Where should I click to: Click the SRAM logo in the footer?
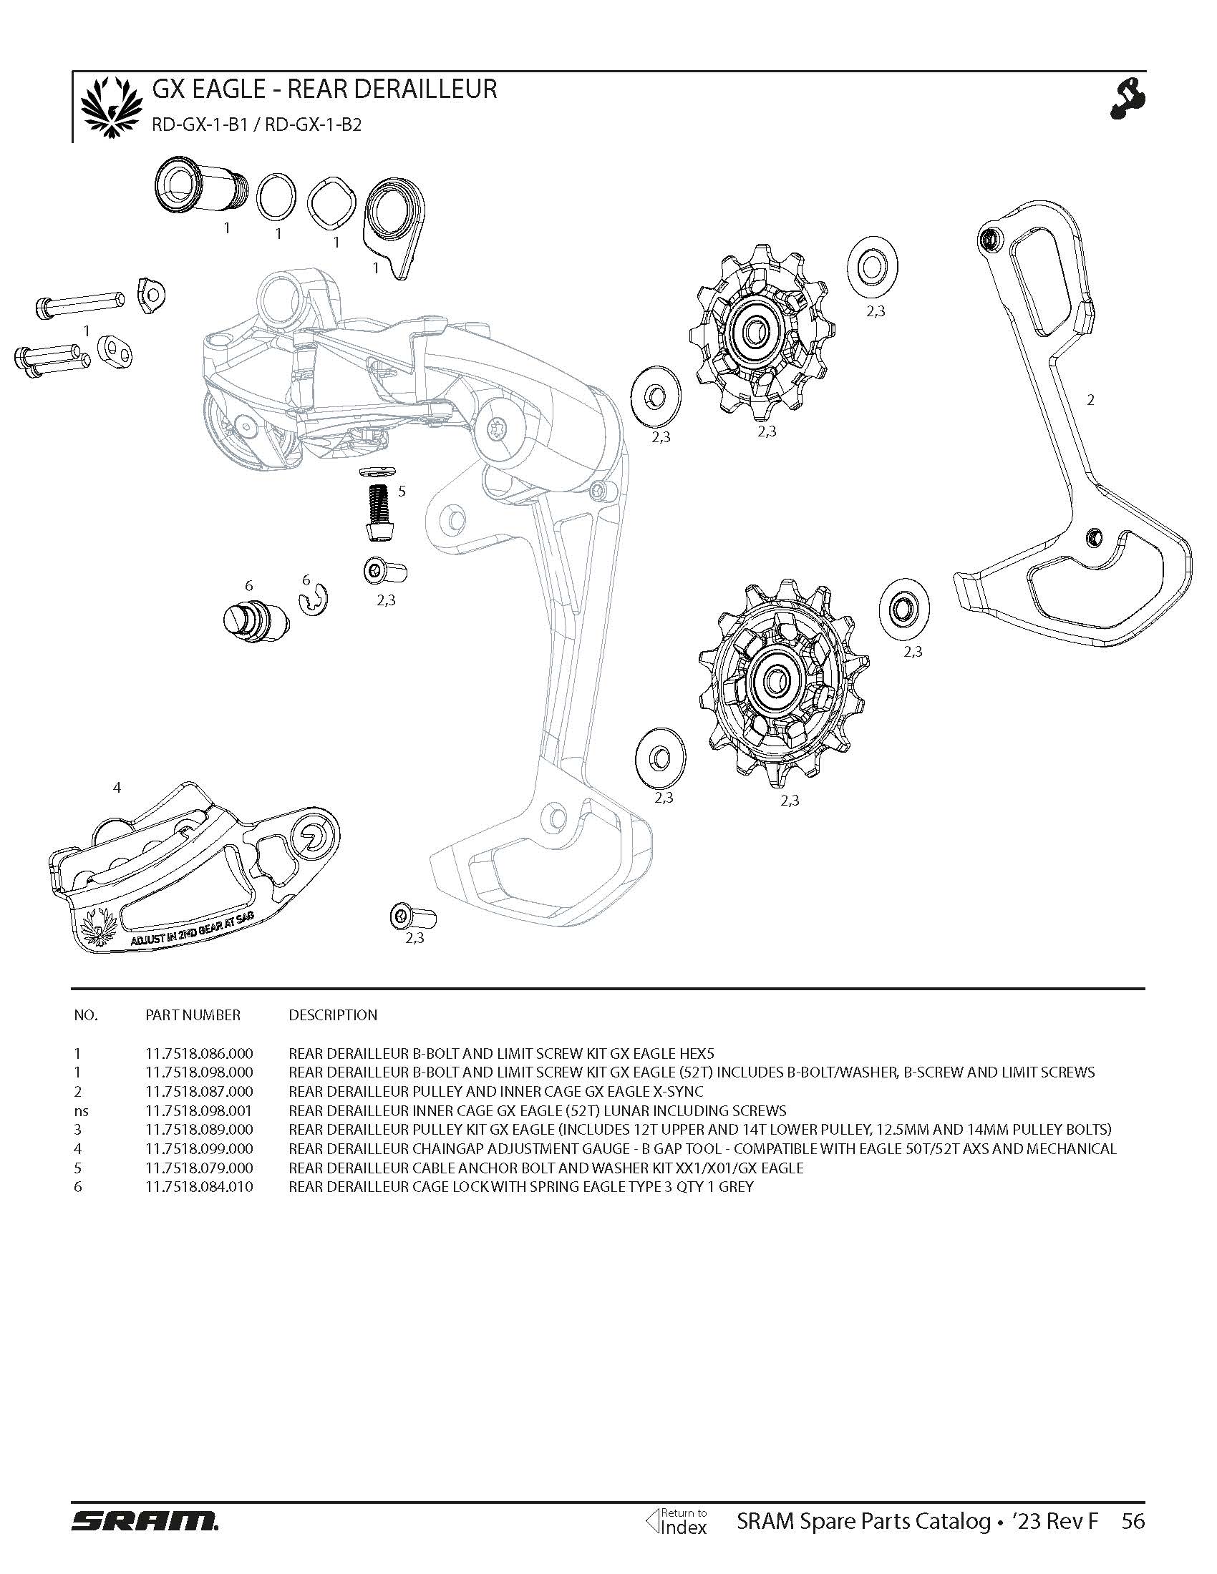(144, 1521)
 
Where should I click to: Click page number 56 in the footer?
(1133, 1520)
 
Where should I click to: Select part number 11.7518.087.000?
(199, 1091)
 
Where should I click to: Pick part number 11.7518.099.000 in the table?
(199, 1149)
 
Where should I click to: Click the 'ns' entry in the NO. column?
(81, 1110)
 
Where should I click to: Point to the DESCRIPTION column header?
(332, 1015)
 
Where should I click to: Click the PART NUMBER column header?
(193, 1015)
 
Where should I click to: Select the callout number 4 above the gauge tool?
(117, 788)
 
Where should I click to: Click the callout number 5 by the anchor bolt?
(402, 492)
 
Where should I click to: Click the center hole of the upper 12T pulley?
(753, 332)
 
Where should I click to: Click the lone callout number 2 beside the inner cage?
(1090, 399)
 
